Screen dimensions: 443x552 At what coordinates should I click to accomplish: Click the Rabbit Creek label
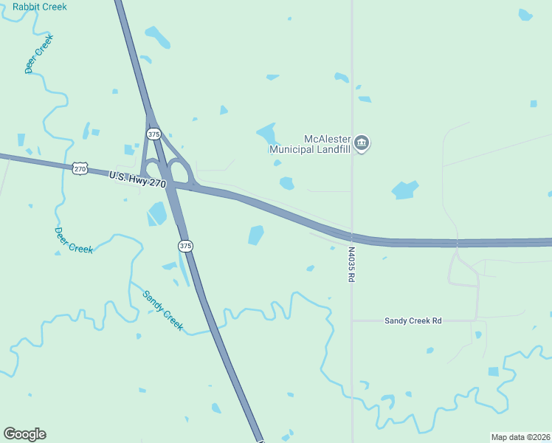pos(39,7)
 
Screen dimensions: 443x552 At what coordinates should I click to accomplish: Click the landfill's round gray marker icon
pos(361,142)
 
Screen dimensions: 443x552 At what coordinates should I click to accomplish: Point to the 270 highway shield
pos(80,168)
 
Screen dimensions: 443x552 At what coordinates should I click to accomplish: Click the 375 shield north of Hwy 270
pos(153,134)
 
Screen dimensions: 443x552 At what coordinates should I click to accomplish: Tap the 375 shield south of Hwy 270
pos(185,245)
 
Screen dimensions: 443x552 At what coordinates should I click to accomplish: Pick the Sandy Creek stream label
pos(162,310)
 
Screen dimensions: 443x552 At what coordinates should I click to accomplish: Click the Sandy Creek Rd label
pos(413,320)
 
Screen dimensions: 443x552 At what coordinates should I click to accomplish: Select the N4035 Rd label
pos(352,264)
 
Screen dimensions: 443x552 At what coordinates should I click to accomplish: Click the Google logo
pos(24,434)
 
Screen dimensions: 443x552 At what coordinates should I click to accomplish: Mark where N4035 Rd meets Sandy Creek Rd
pos(352,320)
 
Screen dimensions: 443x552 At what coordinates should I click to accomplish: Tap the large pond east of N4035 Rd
pos(405,190)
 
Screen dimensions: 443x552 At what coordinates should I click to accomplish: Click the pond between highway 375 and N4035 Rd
pos(256,235)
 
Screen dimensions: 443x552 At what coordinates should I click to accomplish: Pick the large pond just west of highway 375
pos(157,214)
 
